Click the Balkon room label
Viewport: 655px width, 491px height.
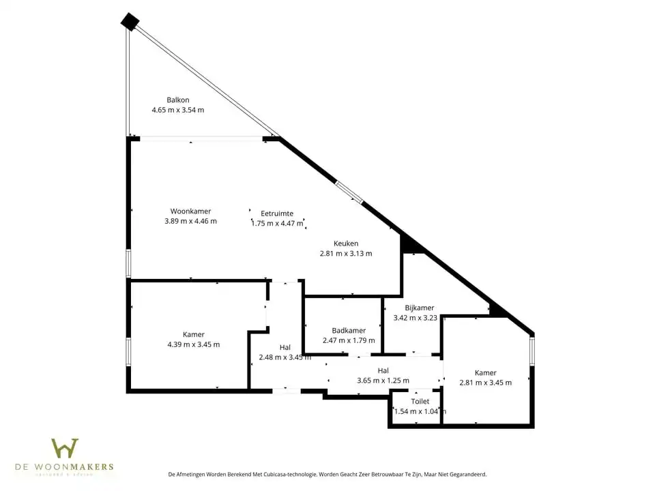point(177,100)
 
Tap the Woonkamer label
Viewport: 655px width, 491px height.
point(190,211)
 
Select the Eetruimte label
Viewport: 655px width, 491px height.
point(277,213)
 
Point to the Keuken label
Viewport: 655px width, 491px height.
point(346,243)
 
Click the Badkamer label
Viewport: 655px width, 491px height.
point(349,331)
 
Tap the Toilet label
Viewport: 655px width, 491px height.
point(420,402)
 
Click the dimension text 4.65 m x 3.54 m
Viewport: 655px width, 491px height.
point(177,110)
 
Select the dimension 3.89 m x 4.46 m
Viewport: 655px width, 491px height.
point(190,221)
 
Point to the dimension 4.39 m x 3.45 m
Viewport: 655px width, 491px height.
point(194,344)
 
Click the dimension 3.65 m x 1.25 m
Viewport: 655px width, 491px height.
point(383,381)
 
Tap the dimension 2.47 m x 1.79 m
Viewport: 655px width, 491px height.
point(349,340)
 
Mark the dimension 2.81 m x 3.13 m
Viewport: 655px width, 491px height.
point(346,254)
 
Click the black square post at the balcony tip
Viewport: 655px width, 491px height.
point(130,22)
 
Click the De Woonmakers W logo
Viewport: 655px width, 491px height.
point(65,449)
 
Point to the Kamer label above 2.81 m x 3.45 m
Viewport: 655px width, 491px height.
point(486,372)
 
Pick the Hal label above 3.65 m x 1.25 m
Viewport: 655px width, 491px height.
point(383,370)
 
